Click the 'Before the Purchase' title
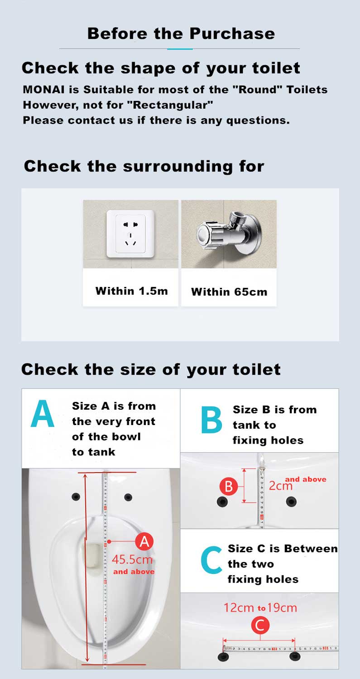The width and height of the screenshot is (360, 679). (181, 33)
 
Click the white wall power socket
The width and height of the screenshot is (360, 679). (130, 234)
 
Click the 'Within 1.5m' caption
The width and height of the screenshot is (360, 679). (132, 291)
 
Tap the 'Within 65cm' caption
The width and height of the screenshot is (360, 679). (229, 292)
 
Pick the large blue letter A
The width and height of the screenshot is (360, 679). (43, 413)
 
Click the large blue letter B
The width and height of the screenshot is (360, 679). (211, 420)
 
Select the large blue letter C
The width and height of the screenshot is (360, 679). (211, 560)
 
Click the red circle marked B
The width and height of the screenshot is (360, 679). (228, 486)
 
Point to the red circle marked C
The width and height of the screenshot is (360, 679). (260, 625)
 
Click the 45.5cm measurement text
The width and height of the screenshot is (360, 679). (132, 559)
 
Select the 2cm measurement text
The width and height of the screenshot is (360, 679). (281, 486)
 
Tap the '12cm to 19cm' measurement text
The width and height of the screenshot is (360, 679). (260, 608)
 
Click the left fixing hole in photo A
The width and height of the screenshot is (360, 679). (76, 497)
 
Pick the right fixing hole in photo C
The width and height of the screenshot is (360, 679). (294, 656)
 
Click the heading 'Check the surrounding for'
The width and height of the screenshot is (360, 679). (144, 167)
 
